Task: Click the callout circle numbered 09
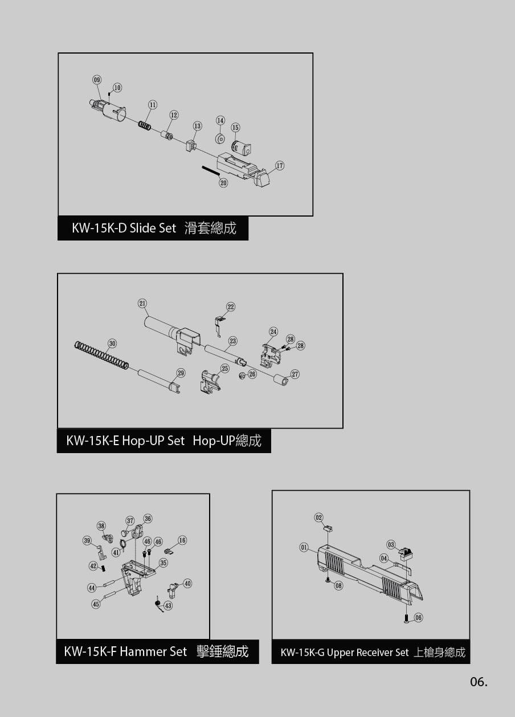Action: click(x=97, y=80)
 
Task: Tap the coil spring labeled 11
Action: click(x=145, y=125)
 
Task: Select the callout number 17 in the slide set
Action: click(x=280, y=165)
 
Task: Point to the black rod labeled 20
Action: click(x=210, y=170)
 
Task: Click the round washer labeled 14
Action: click(x=220, y=139)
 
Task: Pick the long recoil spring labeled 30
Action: click(x=101, y=355)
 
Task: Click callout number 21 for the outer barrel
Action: click(x=142, y=303)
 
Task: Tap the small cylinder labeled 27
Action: click(x=280, y=380)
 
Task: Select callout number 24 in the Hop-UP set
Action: click(x=273, y=331)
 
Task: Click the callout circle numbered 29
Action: click(x=181, y=373)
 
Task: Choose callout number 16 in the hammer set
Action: click(x=182, y=540)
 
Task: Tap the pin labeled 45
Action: click(x=113, y=598)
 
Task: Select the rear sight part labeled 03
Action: click(x=406, y=554)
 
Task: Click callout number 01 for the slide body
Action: click(x=304, y=547)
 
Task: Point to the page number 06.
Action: click(x=479, y=682)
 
